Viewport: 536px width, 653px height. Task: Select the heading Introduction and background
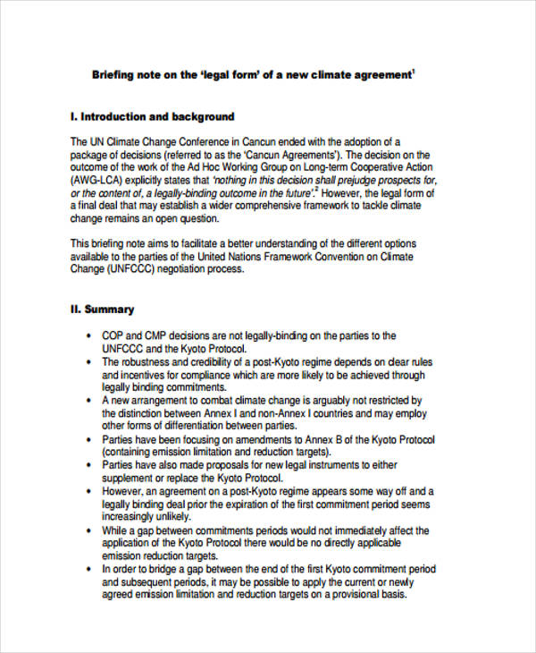coord(157,117)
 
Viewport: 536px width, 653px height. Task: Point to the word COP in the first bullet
coord(113,335)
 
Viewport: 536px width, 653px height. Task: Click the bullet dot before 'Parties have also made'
coord(89,466)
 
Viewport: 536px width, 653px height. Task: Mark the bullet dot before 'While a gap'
coord(89,530)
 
